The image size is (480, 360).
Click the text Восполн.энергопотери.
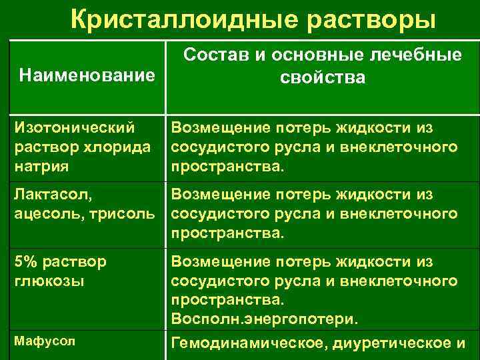tap(265, 320)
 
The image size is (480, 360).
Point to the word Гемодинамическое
tap(256, 344)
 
